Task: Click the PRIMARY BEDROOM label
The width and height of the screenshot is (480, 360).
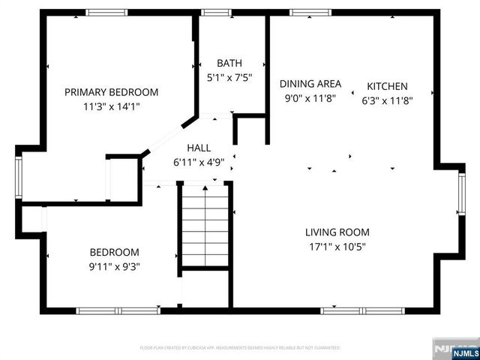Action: pyautogui.click(x=111, y=92)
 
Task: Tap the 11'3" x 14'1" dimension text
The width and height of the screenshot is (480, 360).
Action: pyautogui.click(x=111, y=106)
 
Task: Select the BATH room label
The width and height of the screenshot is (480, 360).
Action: pyautogui.click(x=229, y=63)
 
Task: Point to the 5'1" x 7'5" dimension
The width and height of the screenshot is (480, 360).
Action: pyautogui.click(x=229, y=76)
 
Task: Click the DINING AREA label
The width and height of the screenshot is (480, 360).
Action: pyautogui.click(x=310, y=84)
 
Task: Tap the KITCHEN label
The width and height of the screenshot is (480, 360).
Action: pyautogui.click(x=387, y=86)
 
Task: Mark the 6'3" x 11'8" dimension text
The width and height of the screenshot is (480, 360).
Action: pyautogui.click(x=387, y=100)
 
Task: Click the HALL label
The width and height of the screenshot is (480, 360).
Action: pyautogui.click(x=199, y=148)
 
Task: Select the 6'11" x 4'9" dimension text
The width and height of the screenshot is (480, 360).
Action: pyautogui.click(x=199, y=160)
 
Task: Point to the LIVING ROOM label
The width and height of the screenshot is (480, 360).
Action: pyautogui.click(x=337, y=232)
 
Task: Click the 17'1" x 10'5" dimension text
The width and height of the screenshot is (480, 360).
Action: pyautogui.click(x=337, y=246)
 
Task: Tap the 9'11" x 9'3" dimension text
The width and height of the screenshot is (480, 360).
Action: pyautogui.click(x=115, y=265)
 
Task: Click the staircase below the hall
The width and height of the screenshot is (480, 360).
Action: pyautogui.click(x=205, y=225)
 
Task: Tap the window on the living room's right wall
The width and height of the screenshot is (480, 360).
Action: pyautogui.click(x=460, y=203)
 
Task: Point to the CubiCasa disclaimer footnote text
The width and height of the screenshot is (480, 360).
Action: pyautogui.click(x=240, y=349)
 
